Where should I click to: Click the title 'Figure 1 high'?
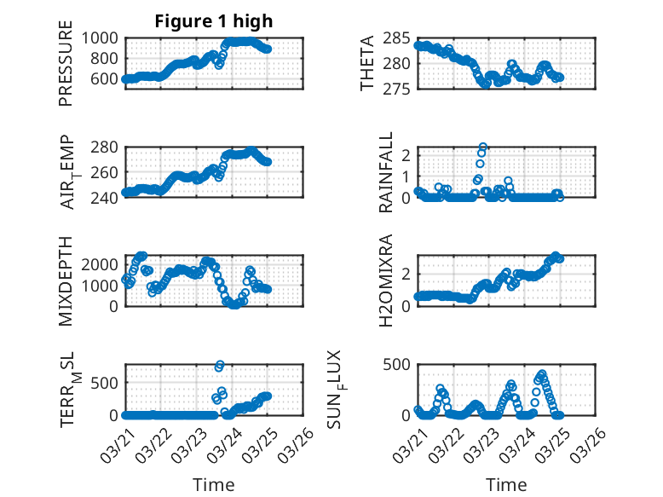click(x=214, y=21)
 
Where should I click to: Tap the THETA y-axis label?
click(x=367, y=63)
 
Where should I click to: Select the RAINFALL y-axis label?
click(x=386, y=172)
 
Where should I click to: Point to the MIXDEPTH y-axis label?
click(x=66, y=280)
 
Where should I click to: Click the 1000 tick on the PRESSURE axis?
click(x=105, y=38)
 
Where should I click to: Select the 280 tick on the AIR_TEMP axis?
click(x=110, y=147)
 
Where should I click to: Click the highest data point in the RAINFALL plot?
click(x=483, y=147)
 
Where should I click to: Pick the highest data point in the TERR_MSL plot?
click(x=220, y=365)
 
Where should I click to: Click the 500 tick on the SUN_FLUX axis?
click(x=397, y=364)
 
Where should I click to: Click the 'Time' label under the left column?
click(x=214, y=484)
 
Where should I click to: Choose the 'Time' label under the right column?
click(x=506, y=484)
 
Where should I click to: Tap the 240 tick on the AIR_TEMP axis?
click(x=110, y=193)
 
